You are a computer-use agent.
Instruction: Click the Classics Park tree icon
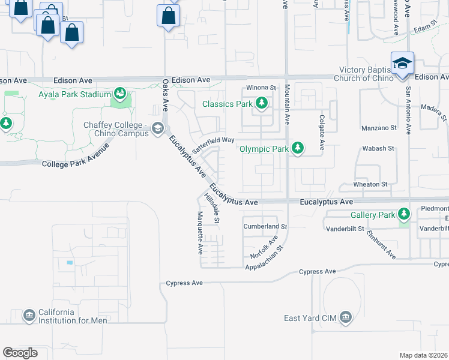click(x=261, y=104)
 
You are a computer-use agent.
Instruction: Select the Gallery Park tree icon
click(x=405, y=214)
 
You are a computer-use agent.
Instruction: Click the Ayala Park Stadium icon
click(x=120, y=94)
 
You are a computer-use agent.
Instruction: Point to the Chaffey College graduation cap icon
click(x=158, y=128)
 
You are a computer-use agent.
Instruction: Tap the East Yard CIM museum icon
click(x=345, y=317)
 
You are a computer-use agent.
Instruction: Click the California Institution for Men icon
click(x=29, y=315)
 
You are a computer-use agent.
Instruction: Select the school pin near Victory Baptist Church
click(x=402, y=64)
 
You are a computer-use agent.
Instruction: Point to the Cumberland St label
click(x=265, y=227)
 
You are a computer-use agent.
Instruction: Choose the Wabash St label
click(x=378, y=148)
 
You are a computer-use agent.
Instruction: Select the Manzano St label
click(x=379, y=128)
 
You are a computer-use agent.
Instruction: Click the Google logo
click(x=20, y=352)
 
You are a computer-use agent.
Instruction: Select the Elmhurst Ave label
click(x=382, y=245)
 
